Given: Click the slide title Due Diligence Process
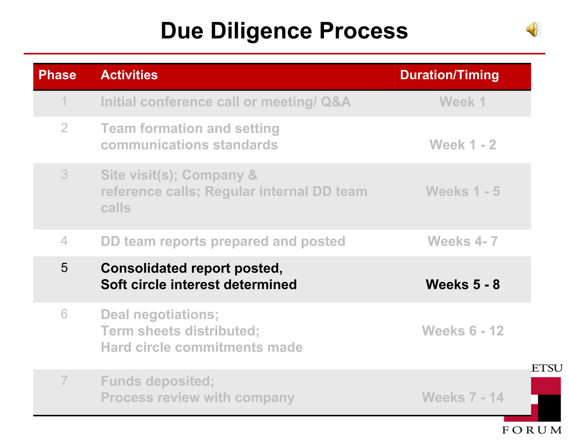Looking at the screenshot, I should tap(284, 31).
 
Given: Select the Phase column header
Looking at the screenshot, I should tap(57, 75).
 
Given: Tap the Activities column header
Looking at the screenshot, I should tap(129, 75).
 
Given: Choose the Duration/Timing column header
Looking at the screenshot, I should tap(449, 75).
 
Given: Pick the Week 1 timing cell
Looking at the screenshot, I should tap(463, 102).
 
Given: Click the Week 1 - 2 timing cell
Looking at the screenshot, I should tap(463, 145).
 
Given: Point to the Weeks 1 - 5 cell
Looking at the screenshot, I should tap(463, 191).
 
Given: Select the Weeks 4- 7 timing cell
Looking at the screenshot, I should tap(463, 241).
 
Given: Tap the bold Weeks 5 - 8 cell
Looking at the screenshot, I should tap(463, 285).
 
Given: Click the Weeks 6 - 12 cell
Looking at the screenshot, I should tap(463, 331).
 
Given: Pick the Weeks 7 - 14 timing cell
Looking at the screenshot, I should tap(463, 397).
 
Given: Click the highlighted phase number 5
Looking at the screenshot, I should tap(64, 268).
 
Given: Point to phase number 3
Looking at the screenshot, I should tap(64, 175).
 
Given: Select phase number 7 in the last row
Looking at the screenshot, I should tap(64, 380).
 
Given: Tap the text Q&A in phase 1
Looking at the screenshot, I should tap(335, 102).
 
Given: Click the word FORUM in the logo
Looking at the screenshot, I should tap(532, 430).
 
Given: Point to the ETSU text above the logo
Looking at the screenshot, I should tap(547, 368).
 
